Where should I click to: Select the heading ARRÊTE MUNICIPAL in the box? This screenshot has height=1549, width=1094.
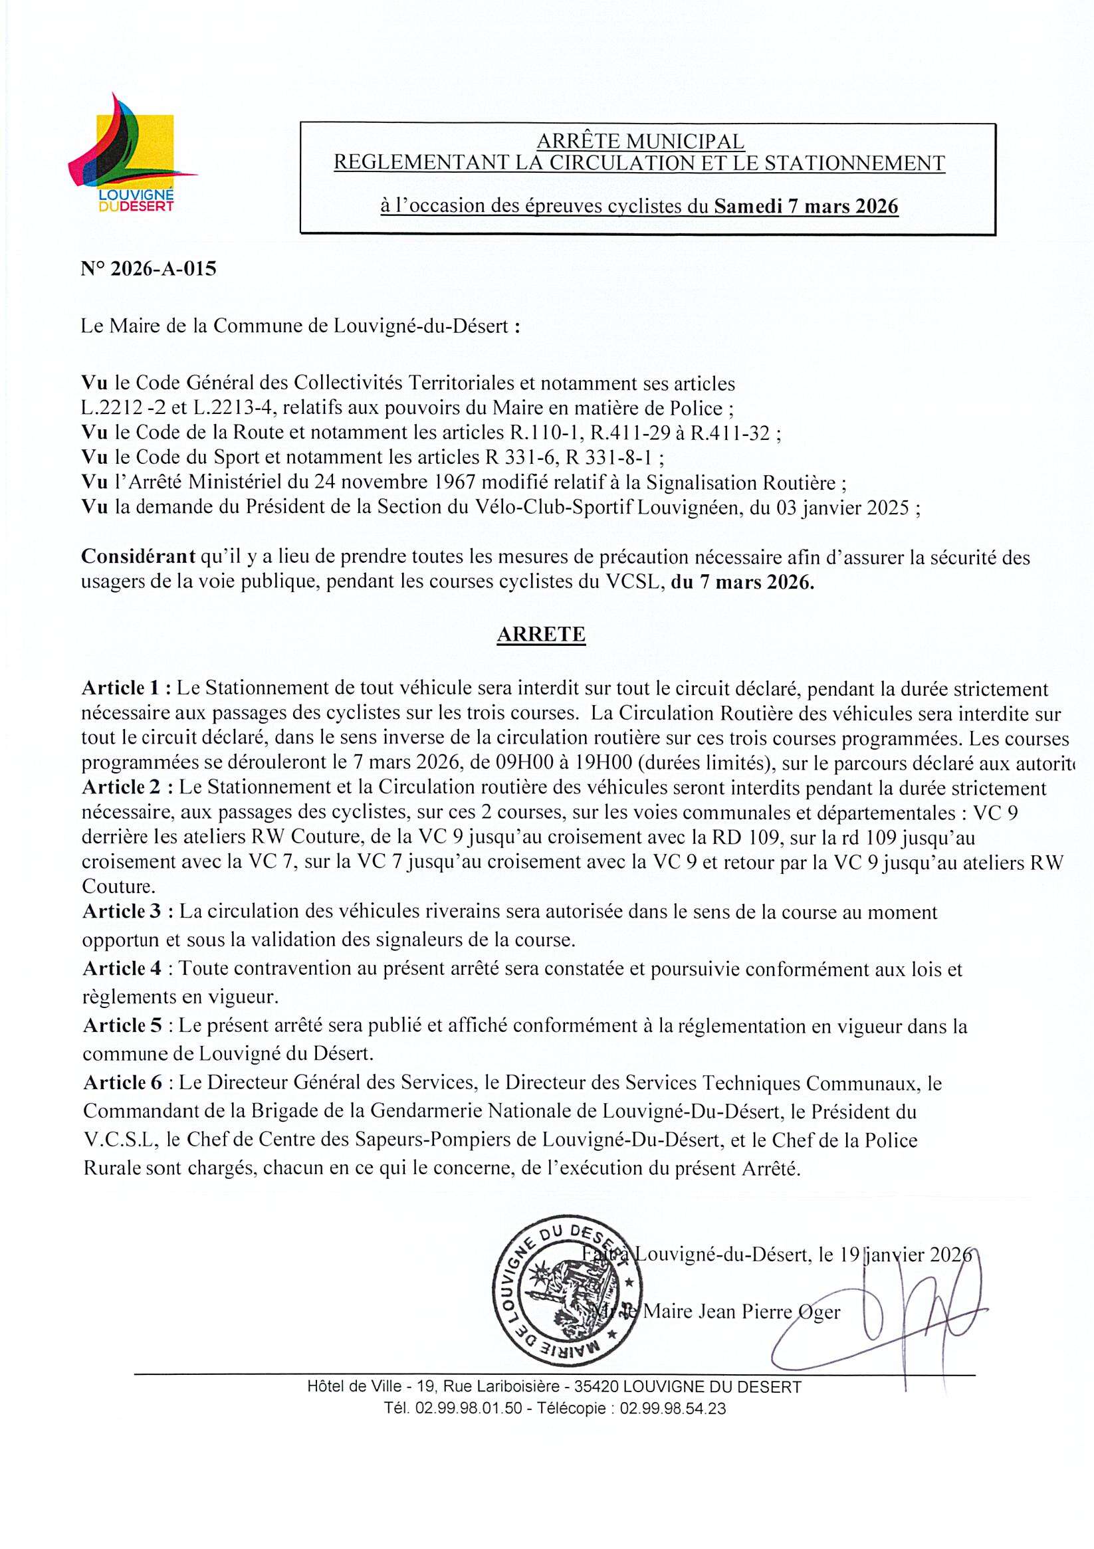(640, 142)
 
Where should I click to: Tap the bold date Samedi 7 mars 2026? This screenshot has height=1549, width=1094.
(806, 205)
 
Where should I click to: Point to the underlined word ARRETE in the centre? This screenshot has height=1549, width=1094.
(540, 634)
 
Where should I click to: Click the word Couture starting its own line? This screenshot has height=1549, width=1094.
(116, 884)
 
